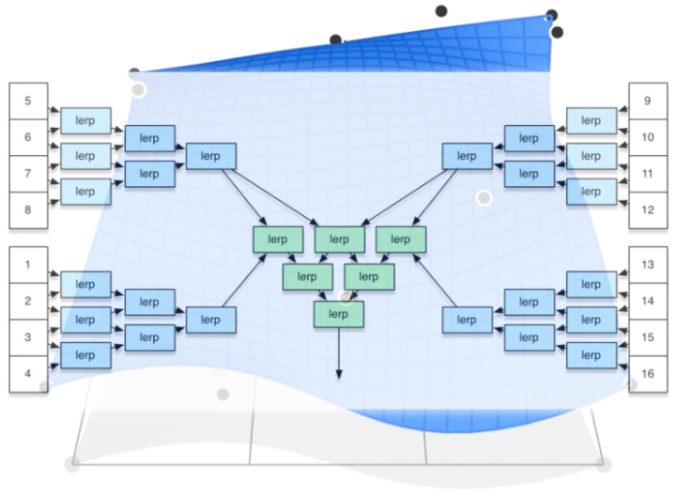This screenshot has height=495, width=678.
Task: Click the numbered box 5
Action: tap(28, 101)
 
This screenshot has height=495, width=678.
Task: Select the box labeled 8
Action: tap(28, 209)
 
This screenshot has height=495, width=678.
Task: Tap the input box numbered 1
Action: tap(28, 265)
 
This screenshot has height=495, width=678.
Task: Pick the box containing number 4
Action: tap(28, 374)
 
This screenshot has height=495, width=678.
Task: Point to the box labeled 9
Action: tap(648, 101)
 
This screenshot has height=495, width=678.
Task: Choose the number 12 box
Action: tap(648, 209)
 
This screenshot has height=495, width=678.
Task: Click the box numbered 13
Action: tap(648, 265)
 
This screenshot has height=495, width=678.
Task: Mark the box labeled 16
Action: tap(648, 374)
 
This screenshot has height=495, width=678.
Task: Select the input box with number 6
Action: tap(28, 137)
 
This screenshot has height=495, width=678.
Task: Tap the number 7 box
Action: tap(28, 174)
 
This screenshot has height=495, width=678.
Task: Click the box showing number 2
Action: tap(28, 302)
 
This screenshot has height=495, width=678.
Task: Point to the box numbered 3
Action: tap(28, 337)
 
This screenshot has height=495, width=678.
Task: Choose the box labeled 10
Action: tap(648, 137)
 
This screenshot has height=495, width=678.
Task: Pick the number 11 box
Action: tap(648, 174)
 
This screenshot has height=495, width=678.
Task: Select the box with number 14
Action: tap(648, 302)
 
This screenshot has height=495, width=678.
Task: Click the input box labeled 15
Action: tap(648, 337)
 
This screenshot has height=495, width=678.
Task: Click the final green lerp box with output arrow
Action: tap(339, 314)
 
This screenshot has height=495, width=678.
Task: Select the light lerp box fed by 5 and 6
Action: tap(85, 120)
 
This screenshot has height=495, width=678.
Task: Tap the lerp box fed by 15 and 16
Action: tap(591, 355)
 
